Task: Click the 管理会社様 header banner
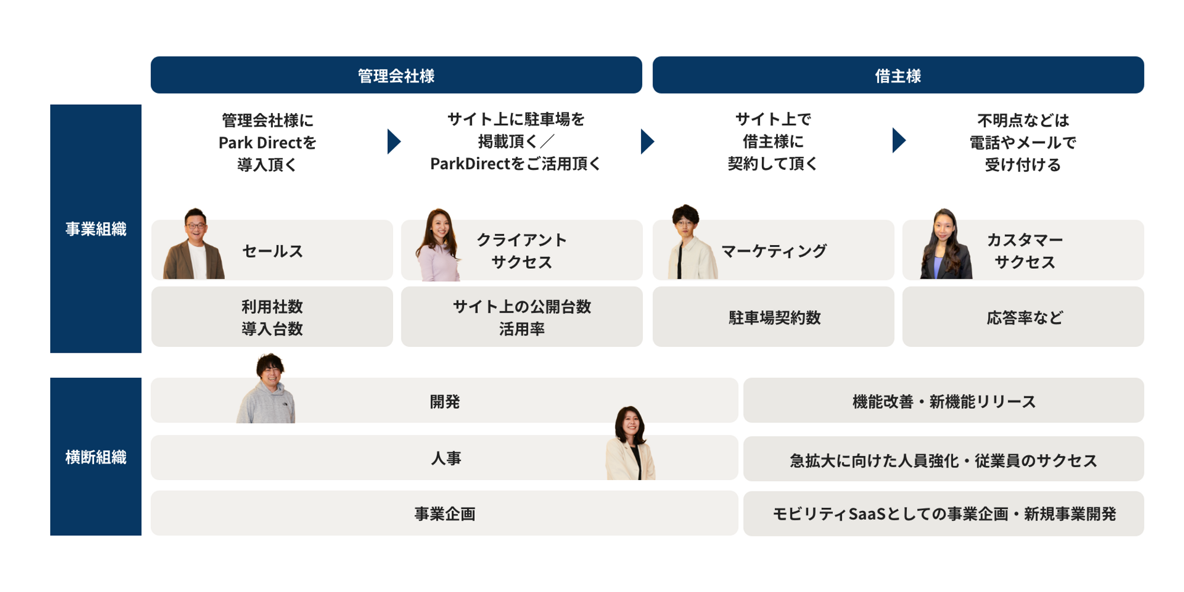[x=396, y=75]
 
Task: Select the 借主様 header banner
[x=898, y=75]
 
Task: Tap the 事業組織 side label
[x=96, y=229]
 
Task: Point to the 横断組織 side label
[x=96, y=456]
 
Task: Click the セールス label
[x=272, y=251]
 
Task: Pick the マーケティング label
[x=774, y=251]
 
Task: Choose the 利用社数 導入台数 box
[x=272, y=317]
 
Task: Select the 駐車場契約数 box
[x=773, y=317]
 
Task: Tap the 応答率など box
[x=1023, y=317]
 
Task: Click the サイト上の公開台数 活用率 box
[x=522, y=317]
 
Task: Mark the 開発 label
[x=445, y=401]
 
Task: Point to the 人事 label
[x=445, y=458]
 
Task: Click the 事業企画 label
[x=445, y=513]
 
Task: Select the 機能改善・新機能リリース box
[x=944, y=400]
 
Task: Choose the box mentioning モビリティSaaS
[x=944, y=513]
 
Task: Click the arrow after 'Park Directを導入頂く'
[x=394, y=141]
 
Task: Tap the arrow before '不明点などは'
[x=899, y=140]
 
